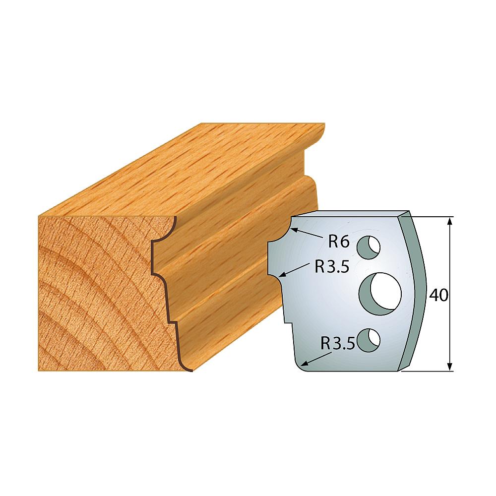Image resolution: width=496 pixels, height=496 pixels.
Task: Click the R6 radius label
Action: point(339,242)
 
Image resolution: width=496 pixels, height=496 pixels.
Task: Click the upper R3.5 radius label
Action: point(331,267)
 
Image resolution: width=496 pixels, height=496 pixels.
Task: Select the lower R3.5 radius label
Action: point(338,343)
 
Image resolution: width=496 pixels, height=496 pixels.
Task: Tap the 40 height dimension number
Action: point(439,295)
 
